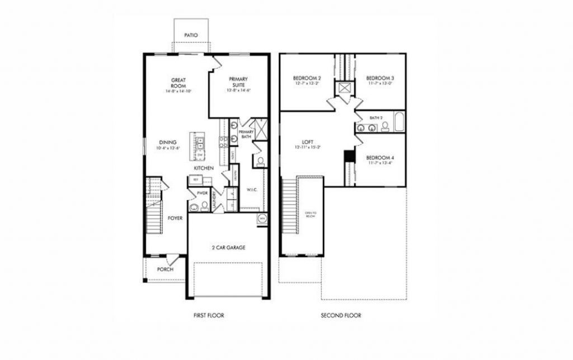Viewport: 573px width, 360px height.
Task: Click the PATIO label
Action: pos(191,35)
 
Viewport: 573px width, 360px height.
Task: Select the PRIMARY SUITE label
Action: pos(237,82)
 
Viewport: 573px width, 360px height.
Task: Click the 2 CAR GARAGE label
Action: pos(228,247)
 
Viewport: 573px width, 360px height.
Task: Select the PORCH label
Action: pos(165,269)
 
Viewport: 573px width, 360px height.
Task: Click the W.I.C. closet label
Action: pos(251,190)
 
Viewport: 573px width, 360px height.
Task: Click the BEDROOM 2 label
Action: pos(307,78)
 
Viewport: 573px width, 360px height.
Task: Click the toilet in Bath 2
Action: pos(385,126)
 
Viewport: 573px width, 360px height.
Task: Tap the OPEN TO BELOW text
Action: pos(310,215)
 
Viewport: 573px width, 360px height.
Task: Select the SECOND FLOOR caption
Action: pos(341,315)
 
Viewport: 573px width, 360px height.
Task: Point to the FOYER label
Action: pos(175,218)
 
